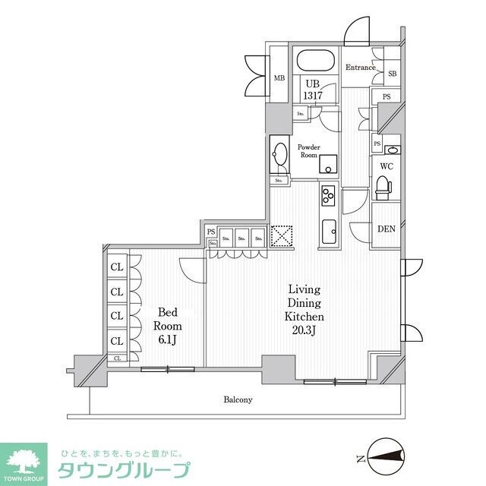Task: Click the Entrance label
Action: tap(361, 68)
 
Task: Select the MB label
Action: tap(279, 77)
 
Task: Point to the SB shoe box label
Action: tap(393, 74)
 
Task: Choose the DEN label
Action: tap(385, 228)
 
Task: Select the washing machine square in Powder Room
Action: tap(327, 164)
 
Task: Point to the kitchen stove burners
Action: tap(328, 195)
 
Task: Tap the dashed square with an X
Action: tap(282, 236)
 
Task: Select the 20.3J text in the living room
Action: tap(304, 330)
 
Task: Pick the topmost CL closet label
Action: tap(117, 267)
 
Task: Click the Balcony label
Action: tap(238, 399)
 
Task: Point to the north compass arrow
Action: tap(383, 456)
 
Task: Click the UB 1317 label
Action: tap(312, 90)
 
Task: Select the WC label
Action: tap(386, 166)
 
